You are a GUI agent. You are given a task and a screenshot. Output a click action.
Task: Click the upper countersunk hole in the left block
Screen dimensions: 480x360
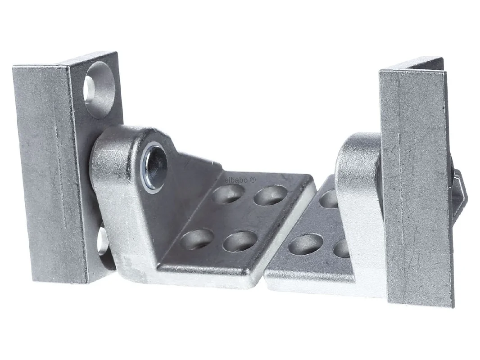(99, 89)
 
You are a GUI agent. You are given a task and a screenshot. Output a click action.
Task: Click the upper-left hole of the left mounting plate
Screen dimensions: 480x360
(228, 193)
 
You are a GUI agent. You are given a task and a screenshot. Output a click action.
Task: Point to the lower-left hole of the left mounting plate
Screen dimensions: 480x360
(197, 238)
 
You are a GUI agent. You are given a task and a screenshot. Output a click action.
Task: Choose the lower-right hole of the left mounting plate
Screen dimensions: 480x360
(240, 241)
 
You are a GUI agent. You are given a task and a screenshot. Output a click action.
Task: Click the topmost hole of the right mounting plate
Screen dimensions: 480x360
(329, 198)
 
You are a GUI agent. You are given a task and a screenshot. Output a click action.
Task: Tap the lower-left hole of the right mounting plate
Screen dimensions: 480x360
(305, 244)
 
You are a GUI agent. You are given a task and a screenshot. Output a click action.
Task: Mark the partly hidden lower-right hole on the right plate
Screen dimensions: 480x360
(341, 248)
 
